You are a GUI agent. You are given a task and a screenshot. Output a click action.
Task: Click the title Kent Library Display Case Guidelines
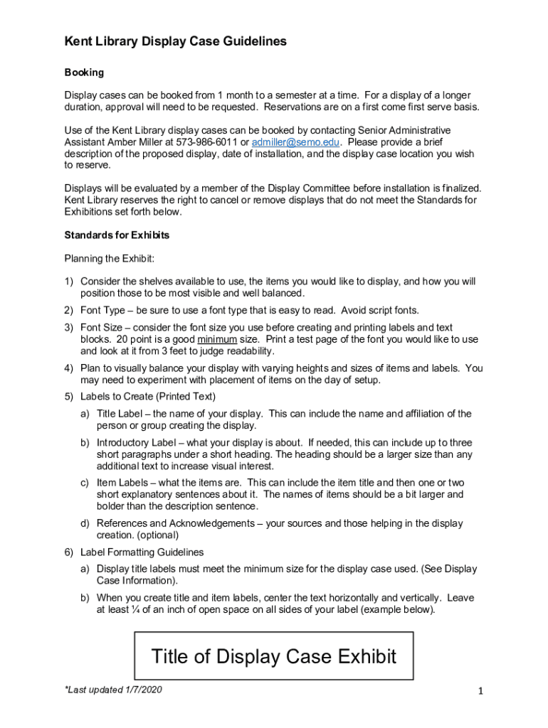(x=176, y=42)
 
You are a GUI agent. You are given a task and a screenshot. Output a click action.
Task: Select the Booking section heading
(x=84, y=73)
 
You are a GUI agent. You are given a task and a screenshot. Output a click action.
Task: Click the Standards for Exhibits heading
(x=117, y=235)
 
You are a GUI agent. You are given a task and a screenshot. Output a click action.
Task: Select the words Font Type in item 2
(x=104, y=310)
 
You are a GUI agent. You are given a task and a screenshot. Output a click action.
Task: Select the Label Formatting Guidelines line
(x=142, y=552)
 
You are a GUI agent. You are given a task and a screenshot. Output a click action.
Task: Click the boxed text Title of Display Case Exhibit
(x=274, y=656)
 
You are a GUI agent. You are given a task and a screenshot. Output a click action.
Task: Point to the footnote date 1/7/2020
(x=141, y=690)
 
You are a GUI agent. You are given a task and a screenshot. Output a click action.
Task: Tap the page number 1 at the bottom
(x=481, y=692)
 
